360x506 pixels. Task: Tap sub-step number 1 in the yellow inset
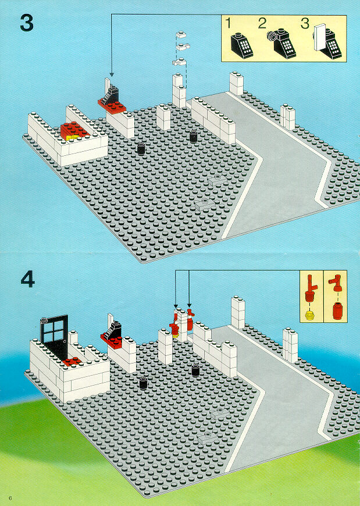click(230, 24)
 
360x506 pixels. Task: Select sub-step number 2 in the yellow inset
click(262, 24)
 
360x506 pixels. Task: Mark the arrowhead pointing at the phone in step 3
click(111, 74)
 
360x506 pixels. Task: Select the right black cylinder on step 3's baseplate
click(193, 136)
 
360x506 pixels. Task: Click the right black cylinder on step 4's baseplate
click(196, 370)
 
